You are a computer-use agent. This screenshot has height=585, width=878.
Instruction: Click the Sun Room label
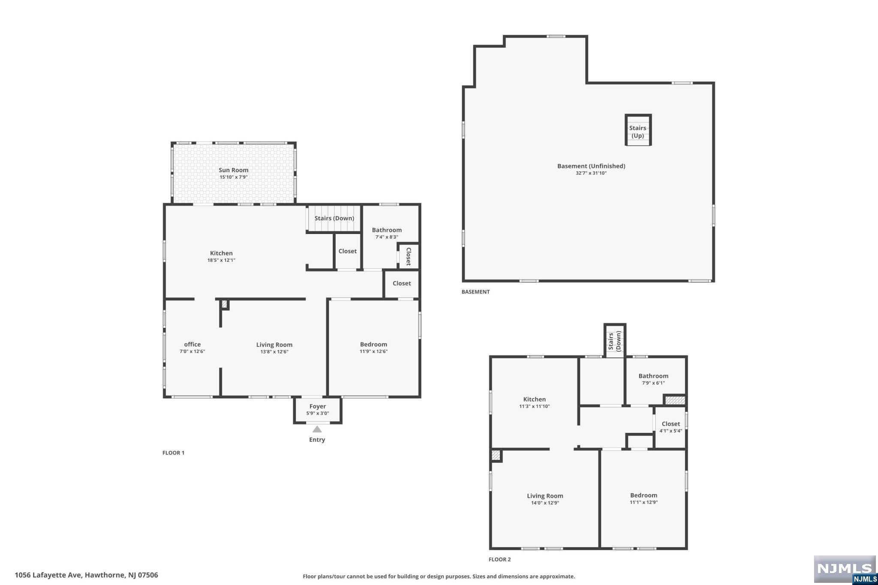tap(233, 170)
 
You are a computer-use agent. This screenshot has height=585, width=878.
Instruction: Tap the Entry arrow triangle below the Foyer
tap(317, 429)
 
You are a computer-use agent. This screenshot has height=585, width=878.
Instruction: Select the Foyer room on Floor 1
tap(318, 410)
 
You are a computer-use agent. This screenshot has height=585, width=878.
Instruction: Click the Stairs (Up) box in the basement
tap(638, 131)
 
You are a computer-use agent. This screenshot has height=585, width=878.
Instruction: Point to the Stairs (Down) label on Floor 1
tap(334, 218)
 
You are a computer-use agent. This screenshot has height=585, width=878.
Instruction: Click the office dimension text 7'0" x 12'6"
tap(192, 351)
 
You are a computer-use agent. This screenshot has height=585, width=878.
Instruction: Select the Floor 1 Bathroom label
tap(387, 230)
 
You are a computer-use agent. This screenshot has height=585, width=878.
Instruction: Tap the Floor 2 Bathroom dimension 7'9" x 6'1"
tap(653, 383)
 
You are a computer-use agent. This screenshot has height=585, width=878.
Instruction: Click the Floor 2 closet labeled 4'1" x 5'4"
tap(671, 427)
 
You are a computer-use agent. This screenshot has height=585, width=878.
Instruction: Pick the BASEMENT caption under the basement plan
tap(475, 292)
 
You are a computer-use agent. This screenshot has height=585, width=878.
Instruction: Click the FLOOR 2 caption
tap(499, 559)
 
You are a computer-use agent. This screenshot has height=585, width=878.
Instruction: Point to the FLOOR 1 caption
tap(173, 453)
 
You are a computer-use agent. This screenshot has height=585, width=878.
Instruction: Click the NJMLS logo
tap(845, 569)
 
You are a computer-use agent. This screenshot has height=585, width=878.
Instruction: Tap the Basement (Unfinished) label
tap(591, 166)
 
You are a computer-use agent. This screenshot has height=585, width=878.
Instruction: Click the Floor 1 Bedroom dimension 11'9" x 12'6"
tap(373, 351)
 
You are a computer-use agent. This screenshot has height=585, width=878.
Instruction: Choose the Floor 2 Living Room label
tap(545, 496)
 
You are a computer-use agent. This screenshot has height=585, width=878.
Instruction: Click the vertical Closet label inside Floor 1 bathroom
tap(409, 256)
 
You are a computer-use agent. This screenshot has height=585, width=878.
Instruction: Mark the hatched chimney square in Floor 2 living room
tap(496, 456)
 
